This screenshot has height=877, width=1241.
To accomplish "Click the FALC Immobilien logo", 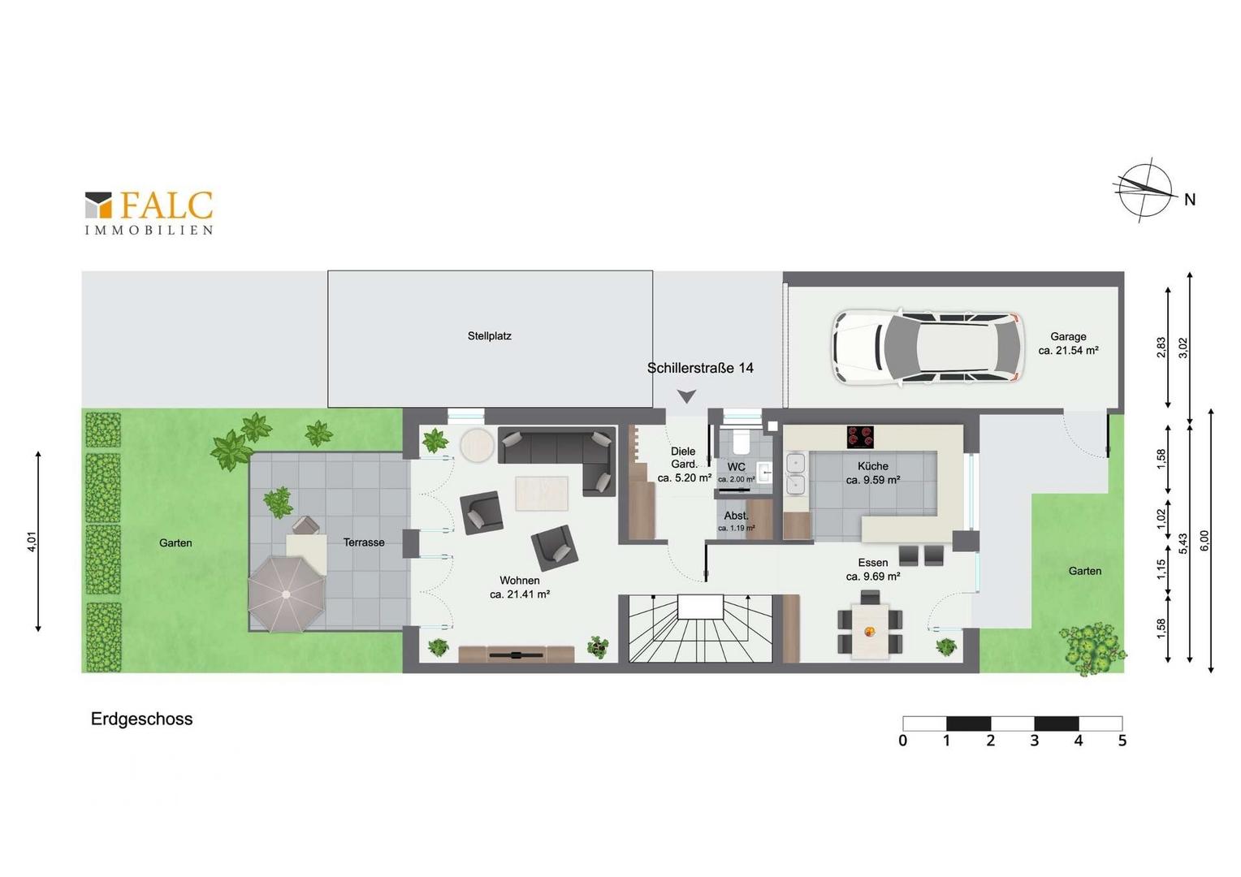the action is click(149, 214).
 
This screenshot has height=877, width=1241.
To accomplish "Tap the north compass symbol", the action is click(1145, 190).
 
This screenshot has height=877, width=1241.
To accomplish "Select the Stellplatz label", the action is click(489, 335).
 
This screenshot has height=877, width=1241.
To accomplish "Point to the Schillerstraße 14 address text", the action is click(700, 368).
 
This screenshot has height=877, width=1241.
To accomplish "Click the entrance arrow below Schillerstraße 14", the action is click(686, 396).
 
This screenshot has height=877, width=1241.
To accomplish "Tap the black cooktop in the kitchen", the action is click(860, 437).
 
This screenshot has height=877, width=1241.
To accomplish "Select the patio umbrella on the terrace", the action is click(286, 594).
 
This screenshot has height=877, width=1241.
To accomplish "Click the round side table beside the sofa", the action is click(477, 445).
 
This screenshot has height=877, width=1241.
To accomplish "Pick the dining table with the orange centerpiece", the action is click(870, 630).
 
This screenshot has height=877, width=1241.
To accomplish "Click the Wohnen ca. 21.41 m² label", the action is click(519, 587).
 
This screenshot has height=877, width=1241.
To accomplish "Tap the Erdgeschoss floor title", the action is click(142, 719).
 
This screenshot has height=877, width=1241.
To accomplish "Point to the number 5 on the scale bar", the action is click(1122, 741).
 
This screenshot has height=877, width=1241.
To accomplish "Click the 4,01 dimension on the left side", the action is click(32, 542).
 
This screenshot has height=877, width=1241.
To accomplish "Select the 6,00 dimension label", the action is click(1204, 540).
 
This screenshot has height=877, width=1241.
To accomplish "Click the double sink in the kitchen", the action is click(796, 473).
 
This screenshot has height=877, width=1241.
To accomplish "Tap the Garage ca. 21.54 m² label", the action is click(1068, 343).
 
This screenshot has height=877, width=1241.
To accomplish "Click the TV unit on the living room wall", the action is click(517, 654).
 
